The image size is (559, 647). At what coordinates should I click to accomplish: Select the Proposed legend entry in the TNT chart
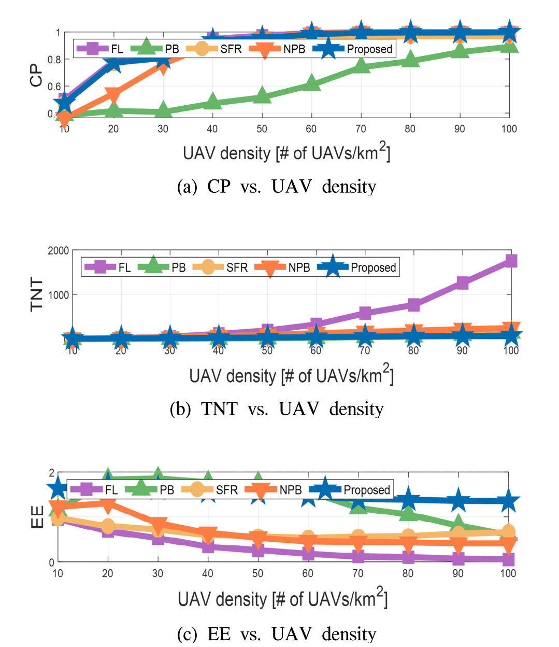coord(357,268)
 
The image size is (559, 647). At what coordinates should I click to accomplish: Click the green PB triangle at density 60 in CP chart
coord(311,82)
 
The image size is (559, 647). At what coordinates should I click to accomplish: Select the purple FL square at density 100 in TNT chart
coord(511,260)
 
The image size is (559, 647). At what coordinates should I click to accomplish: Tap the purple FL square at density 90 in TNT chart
coord(462,283)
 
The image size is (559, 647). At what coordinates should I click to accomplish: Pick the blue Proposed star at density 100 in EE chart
coord(508,501)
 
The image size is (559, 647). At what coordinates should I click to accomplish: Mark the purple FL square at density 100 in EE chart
coord(508,559)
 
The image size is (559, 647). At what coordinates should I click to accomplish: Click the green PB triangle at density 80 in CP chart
coord(410,60)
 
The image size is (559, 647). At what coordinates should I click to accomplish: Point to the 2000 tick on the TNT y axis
coord(59,251)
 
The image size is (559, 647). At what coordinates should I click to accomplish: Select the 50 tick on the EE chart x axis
coord(257,573)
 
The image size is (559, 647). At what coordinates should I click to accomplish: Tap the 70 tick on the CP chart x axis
coord(361,129)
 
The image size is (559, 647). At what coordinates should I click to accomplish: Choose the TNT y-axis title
coord(37,294)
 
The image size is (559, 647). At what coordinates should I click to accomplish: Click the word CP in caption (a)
coord(219,187)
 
